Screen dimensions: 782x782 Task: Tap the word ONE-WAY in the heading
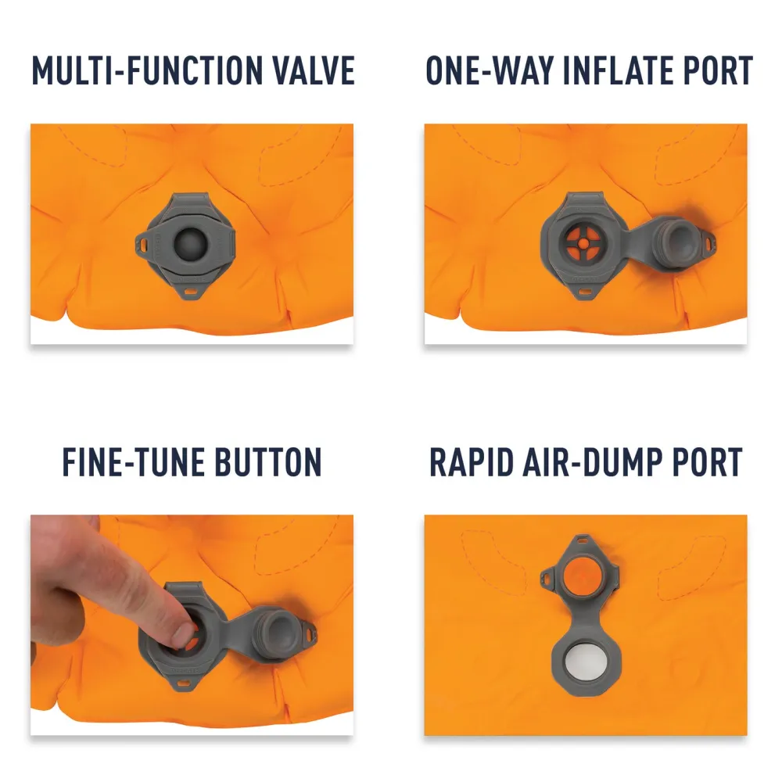[490, 71]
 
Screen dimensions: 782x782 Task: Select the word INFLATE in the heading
[618, 71]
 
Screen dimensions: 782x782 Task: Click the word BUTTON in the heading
[269, 462]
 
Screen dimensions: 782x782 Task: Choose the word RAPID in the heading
[472, 462]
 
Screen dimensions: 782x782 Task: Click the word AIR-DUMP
[592, 462]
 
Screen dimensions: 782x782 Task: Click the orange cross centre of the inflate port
[583, 243]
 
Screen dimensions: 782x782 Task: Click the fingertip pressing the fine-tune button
[181, 633]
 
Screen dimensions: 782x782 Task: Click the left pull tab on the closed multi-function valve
[143, 244]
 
